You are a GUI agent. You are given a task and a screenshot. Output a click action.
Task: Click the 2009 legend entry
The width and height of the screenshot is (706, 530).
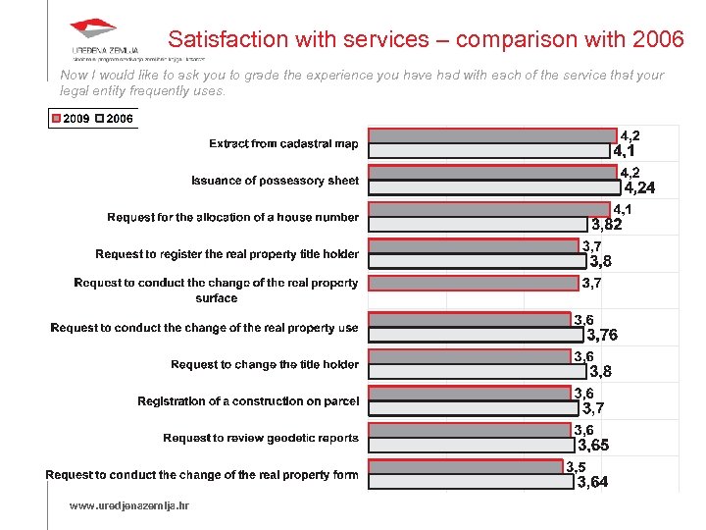click(71, 119)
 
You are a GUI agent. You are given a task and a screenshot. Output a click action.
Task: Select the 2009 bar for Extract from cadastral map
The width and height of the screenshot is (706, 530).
click(491, 136)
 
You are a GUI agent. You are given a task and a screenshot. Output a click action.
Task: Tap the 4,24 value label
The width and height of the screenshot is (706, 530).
click(640, 188)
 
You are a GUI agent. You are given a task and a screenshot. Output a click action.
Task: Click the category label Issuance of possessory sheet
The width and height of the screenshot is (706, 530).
click(275, 181)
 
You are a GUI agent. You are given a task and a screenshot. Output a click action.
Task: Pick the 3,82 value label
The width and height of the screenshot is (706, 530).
click(605, 225)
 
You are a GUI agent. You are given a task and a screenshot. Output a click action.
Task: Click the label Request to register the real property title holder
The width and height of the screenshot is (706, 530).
click(227, 254)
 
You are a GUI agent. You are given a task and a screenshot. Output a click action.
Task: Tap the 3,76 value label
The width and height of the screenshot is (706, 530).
click(602, 335)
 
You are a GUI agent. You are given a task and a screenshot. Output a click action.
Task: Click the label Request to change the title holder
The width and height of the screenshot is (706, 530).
click(265, 364)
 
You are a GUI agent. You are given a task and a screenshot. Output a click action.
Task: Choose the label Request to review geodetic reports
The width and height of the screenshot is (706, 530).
click(261, 438)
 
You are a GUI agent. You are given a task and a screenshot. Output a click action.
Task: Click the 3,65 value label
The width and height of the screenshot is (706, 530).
click(593, 446)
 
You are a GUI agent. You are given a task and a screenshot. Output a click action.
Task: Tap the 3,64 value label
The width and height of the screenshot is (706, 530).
click(592, 482)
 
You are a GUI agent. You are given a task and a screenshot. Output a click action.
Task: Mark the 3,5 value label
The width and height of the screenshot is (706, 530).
click(577, 467)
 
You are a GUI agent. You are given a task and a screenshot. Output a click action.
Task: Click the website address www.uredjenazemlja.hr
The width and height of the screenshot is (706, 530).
click(128, 505)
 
